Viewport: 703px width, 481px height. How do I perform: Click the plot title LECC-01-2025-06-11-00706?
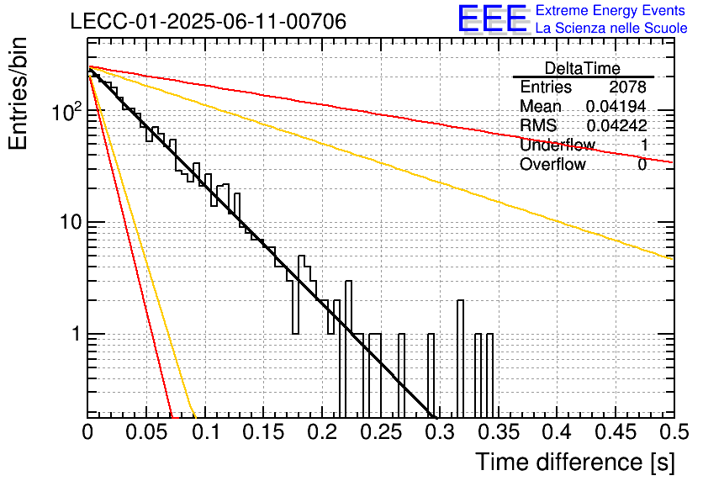click(x=209, y=21)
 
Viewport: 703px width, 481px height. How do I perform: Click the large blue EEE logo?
click(x=493, y=18)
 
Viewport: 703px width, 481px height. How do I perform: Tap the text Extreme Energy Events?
click(x=610, y=10)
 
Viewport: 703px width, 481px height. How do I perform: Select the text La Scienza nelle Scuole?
click(x=611, y=28)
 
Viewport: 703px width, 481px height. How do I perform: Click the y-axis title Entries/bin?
click(x=18, y=93)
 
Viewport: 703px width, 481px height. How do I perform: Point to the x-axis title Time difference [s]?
click(x=575, y=462)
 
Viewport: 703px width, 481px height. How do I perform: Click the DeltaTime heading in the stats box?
click(x=583, y=68)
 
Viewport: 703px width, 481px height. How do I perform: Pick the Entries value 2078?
click(x=627, y=87)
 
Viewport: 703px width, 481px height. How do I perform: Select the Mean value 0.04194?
click(x=616, y=106)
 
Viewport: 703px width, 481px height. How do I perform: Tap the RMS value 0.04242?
click(x=616, y=125)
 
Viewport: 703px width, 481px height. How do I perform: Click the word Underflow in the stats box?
click(x=558, y=145)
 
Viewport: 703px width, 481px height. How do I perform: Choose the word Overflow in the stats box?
click(x=552, y=164)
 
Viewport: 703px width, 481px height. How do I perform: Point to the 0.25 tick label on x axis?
click(x=381, y=431)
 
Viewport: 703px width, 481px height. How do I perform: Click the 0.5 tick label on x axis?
click(x=674, y=431)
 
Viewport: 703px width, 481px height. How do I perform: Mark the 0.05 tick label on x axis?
click(x=146, y=431)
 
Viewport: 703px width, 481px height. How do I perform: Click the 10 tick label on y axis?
click(x=71, y=222)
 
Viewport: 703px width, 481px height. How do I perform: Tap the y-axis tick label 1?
click(x=77, y=334)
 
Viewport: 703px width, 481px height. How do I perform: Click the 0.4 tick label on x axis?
click(x=558, y=431)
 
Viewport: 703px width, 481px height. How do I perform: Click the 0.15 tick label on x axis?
click(x=264, y=431)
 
